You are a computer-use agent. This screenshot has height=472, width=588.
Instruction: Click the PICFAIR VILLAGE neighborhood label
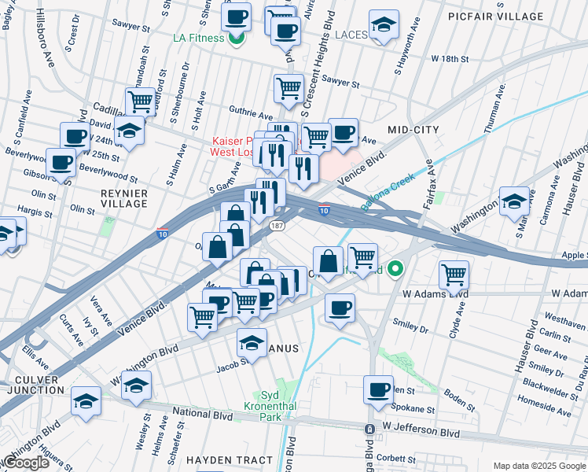(517, 16)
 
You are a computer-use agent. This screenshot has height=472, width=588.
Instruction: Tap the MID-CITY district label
(413, 128)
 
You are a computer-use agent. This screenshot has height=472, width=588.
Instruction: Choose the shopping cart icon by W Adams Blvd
(454, 275)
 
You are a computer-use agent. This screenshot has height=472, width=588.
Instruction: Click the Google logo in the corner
(27, 463)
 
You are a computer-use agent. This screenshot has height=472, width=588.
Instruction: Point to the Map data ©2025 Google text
(539, 466)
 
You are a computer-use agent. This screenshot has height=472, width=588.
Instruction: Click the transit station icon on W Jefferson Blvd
(369, 429)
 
